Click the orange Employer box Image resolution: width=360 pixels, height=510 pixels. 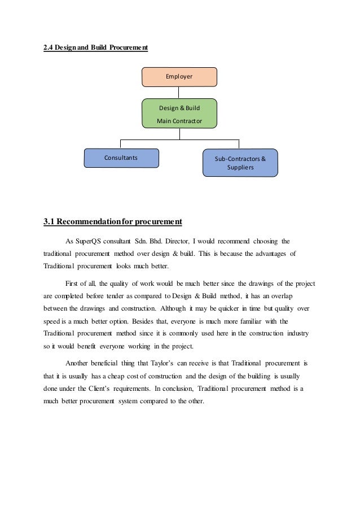tap(179, 76)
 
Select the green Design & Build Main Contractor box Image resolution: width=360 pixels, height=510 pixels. tap(179, 113)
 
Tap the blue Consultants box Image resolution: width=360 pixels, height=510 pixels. tap(121, 158)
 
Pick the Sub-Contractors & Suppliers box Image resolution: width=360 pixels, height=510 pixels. tap(240, 163)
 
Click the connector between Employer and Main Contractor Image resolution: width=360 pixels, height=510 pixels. tap(179, 93)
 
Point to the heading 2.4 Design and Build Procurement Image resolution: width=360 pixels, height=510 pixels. tap(96, 48)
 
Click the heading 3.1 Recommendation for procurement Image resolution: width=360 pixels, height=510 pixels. tap(113, 221)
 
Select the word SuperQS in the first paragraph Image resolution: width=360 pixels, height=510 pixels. tap(89, 240)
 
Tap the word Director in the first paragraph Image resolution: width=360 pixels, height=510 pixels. tap(175, 240)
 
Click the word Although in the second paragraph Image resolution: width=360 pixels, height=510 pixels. tap(177, 308)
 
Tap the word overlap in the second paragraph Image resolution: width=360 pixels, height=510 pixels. tap(288, 295)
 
